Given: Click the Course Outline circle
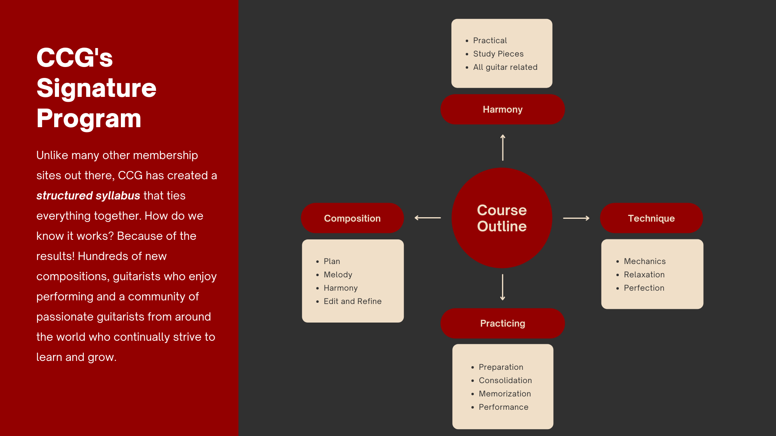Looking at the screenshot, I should click(x=502, y=218).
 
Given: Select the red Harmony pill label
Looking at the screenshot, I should click(x=502, y=109).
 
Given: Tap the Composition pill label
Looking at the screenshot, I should click(x=352, y=218).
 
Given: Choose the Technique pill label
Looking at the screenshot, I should click(x=651, y=218).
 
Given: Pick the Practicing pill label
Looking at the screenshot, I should click(x=502, y=323).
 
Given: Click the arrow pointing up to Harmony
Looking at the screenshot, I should click(x=503, y=147).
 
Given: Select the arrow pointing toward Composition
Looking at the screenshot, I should click(x=428, y=218).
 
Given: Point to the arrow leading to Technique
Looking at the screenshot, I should click(x=576, y=218).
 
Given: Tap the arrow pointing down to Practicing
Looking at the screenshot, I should click(x=503, y=287).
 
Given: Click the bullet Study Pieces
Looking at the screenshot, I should click(x=498, y=54).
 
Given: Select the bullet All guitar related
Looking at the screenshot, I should click(x=505, y=67).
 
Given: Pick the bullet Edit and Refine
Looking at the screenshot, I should click(x=352, y=301).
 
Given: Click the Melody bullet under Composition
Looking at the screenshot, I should click(x=338, y=275).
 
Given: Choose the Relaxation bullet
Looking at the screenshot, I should click(x=644, y=275).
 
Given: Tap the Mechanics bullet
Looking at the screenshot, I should click(x=645, y=261).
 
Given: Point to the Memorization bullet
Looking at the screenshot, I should click(x=505, y=394).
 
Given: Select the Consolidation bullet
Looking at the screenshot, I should click(x=505, y=380).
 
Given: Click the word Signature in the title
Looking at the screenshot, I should click(x=96, y=88).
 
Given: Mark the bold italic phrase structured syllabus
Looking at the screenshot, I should click(x=88, y=195).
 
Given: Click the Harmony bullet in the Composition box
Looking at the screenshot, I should click(x=341, y=288).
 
